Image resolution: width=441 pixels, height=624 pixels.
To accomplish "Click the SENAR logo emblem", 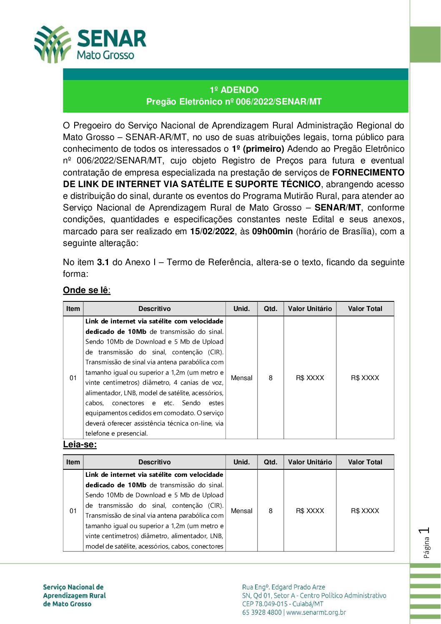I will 52,44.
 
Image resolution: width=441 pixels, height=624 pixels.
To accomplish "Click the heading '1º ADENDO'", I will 234,90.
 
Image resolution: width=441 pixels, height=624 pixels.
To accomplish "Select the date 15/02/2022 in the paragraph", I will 212,231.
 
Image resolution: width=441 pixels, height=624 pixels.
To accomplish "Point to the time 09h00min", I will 272,231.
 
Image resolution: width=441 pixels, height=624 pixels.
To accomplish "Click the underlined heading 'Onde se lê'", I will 86,290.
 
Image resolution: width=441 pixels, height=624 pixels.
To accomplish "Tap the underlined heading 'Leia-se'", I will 80,444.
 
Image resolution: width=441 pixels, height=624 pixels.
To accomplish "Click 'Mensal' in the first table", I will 242,378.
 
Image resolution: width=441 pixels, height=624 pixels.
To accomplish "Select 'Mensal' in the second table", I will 242,511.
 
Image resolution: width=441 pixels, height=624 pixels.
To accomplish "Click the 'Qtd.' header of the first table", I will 271,309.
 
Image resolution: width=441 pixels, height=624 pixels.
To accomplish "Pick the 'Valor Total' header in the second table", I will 365,462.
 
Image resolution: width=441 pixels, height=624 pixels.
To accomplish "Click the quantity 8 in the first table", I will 271,378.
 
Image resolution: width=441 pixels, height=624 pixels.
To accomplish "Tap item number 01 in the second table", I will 73,511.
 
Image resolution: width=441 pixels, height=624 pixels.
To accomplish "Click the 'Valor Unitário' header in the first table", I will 310,309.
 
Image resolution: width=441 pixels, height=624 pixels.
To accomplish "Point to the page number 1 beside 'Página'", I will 425,531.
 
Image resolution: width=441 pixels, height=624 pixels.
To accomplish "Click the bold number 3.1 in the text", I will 103,263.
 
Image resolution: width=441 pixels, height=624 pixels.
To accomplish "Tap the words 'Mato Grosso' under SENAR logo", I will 105,55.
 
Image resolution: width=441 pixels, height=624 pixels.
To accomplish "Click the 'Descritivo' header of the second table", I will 154,462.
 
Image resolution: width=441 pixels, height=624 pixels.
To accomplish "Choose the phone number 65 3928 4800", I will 262,612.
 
